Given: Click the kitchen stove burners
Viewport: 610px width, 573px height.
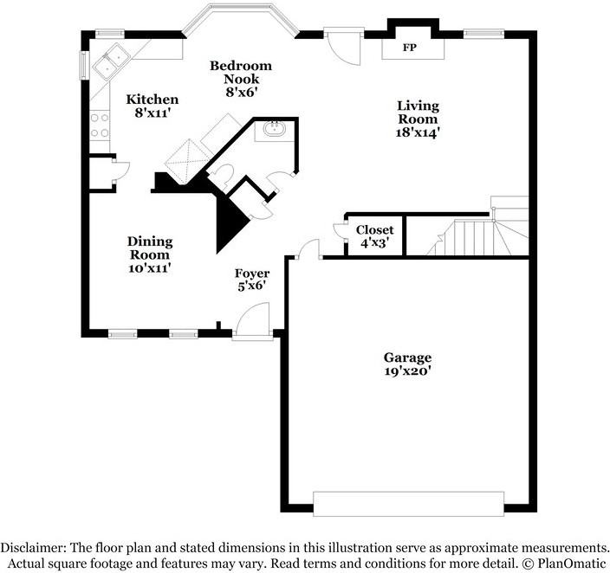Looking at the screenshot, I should point(98,126).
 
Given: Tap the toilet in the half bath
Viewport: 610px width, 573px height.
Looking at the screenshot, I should point(222,175).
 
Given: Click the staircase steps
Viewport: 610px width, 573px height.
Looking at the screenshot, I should point(468,236).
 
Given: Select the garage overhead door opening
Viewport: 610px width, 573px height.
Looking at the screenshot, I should point(406,503).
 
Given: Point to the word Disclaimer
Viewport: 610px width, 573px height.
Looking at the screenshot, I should point(36,547).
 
